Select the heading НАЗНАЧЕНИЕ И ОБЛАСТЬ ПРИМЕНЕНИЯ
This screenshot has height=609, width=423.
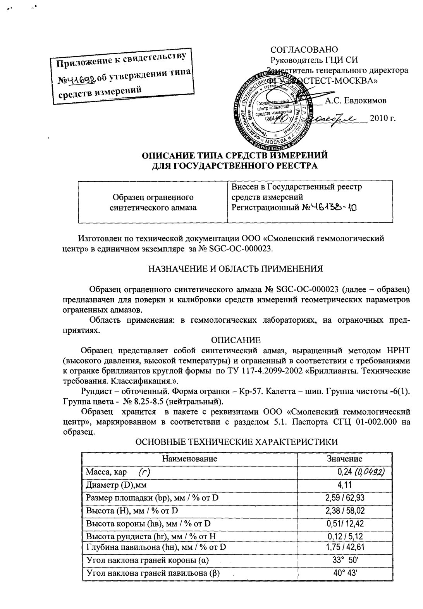236,268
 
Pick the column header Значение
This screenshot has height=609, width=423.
344,459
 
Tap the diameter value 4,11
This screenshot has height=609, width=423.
344,484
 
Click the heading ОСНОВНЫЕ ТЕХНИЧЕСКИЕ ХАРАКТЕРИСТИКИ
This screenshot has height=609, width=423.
236,442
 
